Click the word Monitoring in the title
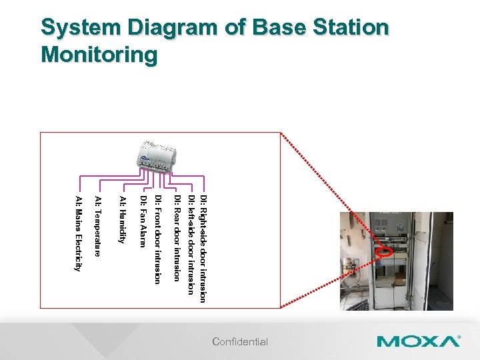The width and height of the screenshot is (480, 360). click(99, 54)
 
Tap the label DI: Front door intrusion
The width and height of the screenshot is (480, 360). click(157, 240)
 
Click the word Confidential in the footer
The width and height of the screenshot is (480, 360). click(240, 342)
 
